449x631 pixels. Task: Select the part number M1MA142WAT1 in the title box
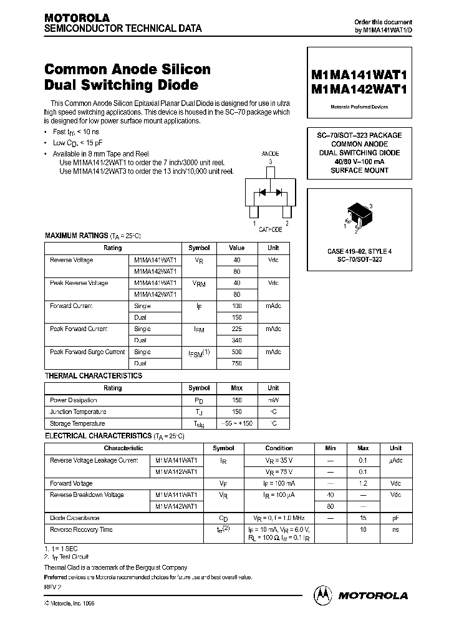(359, 89)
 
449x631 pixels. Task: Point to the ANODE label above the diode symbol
(269, 153)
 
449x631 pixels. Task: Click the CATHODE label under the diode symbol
(271, 229)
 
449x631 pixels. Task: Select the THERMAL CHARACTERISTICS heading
(94, 376)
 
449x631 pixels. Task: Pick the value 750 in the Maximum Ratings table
(236, 364)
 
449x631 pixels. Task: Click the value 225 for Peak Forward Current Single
(236, 329)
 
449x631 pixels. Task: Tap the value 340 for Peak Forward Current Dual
(236, 340)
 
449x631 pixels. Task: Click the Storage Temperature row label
(78, 423)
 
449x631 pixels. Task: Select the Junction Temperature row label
(78, 412)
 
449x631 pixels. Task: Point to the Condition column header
(279, 448)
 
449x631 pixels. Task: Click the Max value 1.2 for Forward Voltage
(363, 483)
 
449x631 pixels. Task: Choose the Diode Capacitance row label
(75, 518)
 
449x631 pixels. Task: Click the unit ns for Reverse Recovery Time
(395, 529)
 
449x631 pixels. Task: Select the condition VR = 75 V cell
(279, 471)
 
